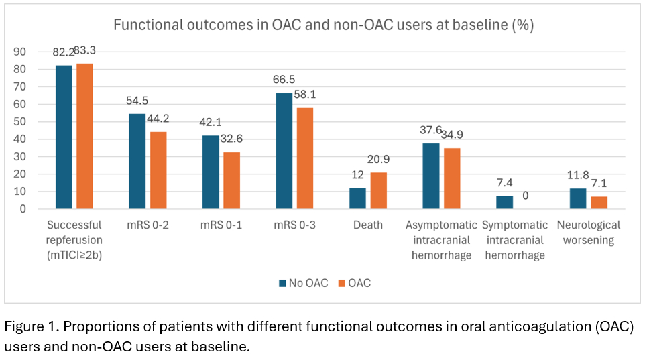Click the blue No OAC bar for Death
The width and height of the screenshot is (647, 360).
357,198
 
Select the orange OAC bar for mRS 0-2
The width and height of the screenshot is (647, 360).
158,170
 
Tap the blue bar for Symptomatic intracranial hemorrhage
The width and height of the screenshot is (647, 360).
504,202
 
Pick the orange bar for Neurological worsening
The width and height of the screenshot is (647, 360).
599,202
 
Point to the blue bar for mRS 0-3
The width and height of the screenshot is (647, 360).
284,151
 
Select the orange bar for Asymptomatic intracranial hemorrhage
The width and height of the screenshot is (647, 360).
452,178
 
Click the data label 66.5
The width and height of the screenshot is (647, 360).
284,80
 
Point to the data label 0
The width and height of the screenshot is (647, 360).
526,196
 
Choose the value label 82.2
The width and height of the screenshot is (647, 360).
66,52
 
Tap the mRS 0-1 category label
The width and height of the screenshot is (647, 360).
221,225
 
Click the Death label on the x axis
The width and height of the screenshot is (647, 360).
367,225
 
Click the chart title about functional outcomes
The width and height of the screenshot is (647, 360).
323,25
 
